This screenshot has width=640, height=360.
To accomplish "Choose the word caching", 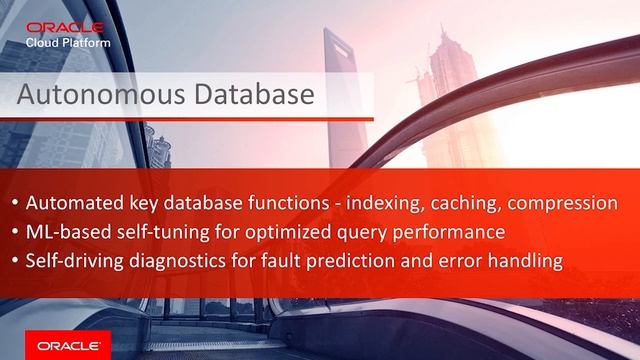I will [468, 204].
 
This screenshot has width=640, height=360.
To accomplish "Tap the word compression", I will [562, 204].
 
